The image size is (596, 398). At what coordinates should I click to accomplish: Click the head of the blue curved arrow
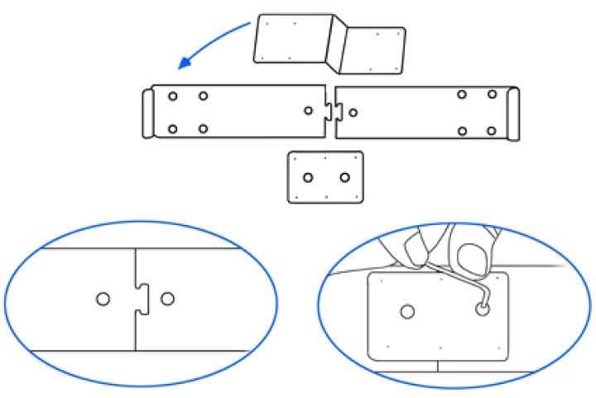[x=185, y=65]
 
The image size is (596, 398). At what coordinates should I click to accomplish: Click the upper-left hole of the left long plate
[x=172, y=96]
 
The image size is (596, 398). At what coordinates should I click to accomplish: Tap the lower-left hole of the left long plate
[x=172, y=128]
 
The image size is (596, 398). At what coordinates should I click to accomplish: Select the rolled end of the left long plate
[x=147, y=112]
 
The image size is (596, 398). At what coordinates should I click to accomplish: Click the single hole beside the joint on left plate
[x=308, y=111]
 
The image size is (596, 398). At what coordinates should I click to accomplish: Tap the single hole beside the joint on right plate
[x=353, y=113]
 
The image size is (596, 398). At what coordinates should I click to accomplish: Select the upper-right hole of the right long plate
[x=492, y=94]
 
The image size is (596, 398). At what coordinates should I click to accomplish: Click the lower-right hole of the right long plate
[x=492, y=131]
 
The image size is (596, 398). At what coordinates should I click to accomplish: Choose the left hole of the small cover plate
[x=308, y=177]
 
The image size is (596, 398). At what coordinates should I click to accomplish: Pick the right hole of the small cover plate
[x=345, y=177]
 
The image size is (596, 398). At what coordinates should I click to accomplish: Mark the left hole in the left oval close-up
[x=103, y=299]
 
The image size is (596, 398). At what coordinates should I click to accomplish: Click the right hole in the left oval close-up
[x=168, y=298]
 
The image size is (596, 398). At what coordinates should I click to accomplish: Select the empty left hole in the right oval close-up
[x=406, y=311]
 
